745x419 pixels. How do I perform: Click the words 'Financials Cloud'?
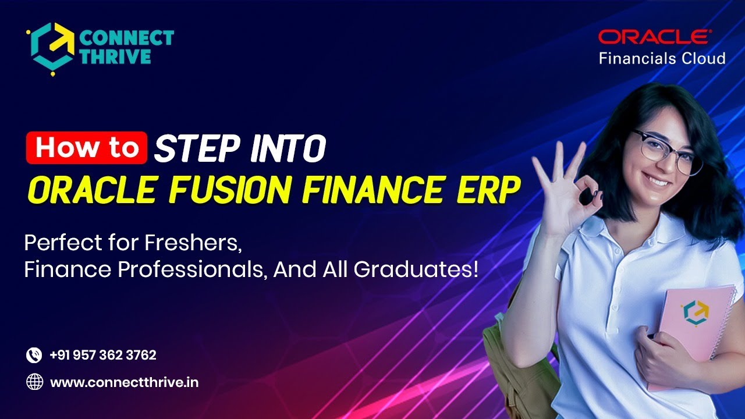662,58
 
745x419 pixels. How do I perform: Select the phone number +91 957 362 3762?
103,355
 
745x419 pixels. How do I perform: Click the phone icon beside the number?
34,355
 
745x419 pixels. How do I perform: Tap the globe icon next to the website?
34,382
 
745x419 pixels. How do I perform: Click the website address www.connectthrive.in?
124,383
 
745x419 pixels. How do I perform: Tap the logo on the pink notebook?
694,312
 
